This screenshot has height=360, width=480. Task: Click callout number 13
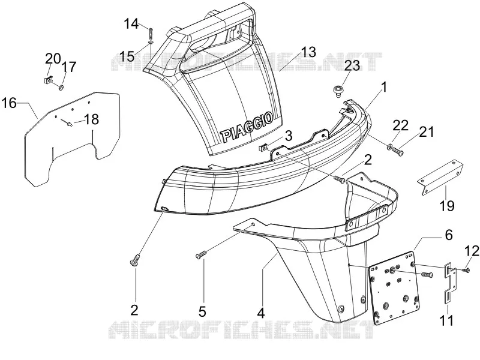point(308,52)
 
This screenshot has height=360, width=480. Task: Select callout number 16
point(9,103)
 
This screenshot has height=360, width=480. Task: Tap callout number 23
point(352,65)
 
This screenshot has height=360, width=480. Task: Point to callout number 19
point(446,206)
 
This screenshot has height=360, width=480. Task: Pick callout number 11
point(446,320)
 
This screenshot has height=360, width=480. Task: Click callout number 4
point(261,313)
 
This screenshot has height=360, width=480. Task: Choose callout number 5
point(202,312)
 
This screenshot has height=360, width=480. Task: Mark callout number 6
point(448,235)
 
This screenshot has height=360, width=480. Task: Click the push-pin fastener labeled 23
point(337,92)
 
